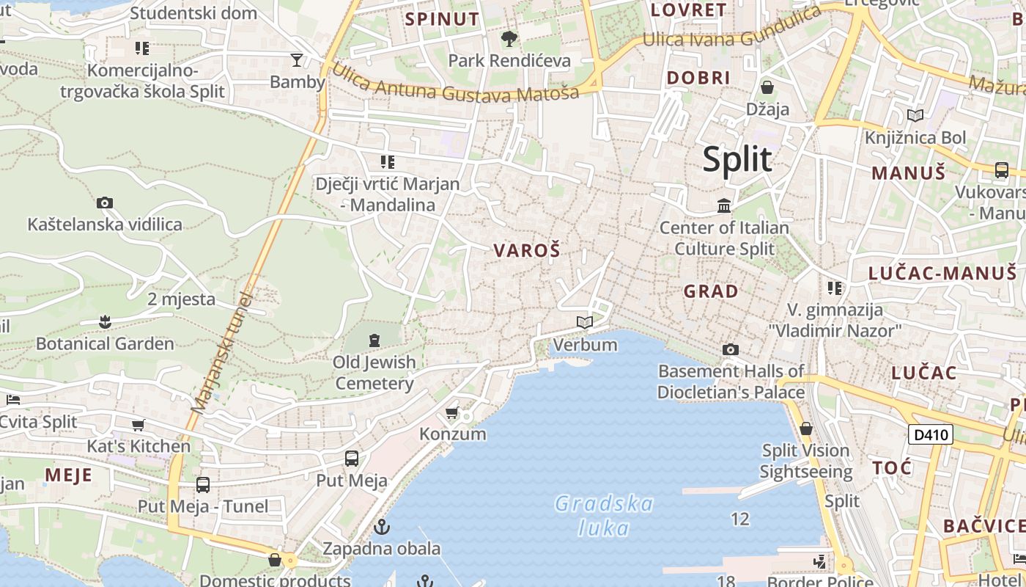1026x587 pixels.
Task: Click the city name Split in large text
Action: coord(737,159)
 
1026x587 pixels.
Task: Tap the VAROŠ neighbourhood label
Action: coord(527,251)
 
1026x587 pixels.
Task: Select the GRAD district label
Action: coord(711,291)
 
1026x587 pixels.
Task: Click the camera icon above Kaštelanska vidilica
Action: coord(105,203)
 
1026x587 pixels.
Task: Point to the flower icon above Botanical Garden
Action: coord(105,322)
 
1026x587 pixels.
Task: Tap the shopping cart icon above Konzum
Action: coord(452,413)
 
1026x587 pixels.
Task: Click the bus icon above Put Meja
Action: coord(352,459)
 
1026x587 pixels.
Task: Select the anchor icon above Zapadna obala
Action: coord(381,527)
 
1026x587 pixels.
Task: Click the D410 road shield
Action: coord(931,434)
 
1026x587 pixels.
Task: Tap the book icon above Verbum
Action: coord(585,323)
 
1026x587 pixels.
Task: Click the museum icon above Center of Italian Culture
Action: coord(725,206)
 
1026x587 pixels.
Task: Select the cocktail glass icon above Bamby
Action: coord(297,59)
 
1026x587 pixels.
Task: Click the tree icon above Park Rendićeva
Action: coord(509,38)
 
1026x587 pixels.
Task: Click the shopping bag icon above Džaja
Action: coord(767,88)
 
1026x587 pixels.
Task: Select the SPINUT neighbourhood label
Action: coord(442,19)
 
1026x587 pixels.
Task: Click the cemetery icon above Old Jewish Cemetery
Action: coord(374,340)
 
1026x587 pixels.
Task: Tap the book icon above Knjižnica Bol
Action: coord(915,115)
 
